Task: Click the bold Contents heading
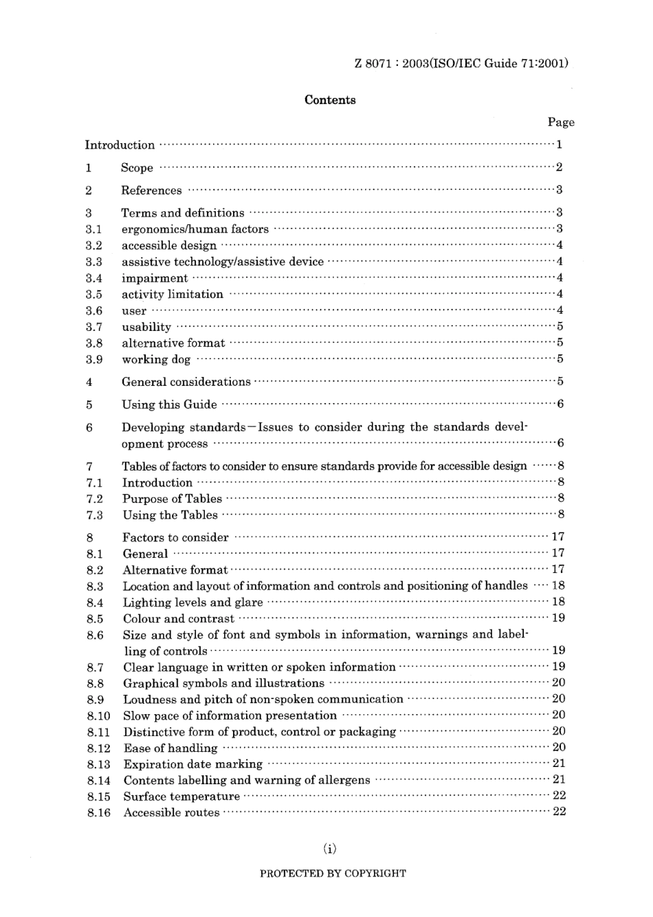point(330,100)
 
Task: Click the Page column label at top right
point(560,122)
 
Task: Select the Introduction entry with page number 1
point(120,145)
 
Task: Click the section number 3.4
point(94,279)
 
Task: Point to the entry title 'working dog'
point(156,360)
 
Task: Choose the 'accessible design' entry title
point(169,246)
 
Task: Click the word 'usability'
point(146,327)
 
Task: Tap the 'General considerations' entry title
point(186,382)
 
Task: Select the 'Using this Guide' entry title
point(169,405)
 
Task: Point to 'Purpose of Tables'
point(172,499)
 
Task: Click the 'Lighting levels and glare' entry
point(192,603)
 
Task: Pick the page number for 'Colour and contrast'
point(558,618)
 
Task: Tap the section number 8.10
point(98,716)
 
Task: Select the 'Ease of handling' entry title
point(170,748)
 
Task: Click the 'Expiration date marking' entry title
point(192,764)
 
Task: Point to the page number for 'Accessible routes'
point(559,812)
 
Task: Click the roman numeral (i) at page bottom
point(330,849)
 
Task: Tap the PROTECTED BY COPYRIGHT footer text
point(333,874)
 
